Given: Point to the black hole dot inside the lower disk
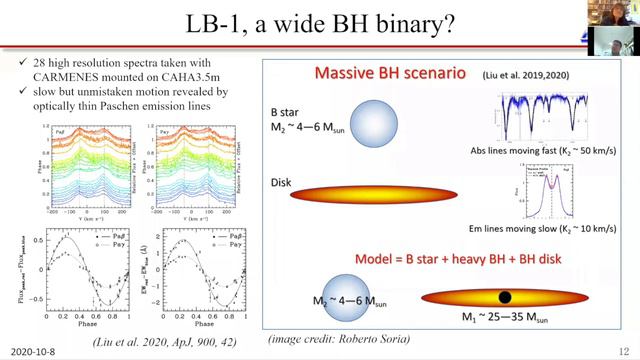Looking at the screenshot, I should click(507, 297).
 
